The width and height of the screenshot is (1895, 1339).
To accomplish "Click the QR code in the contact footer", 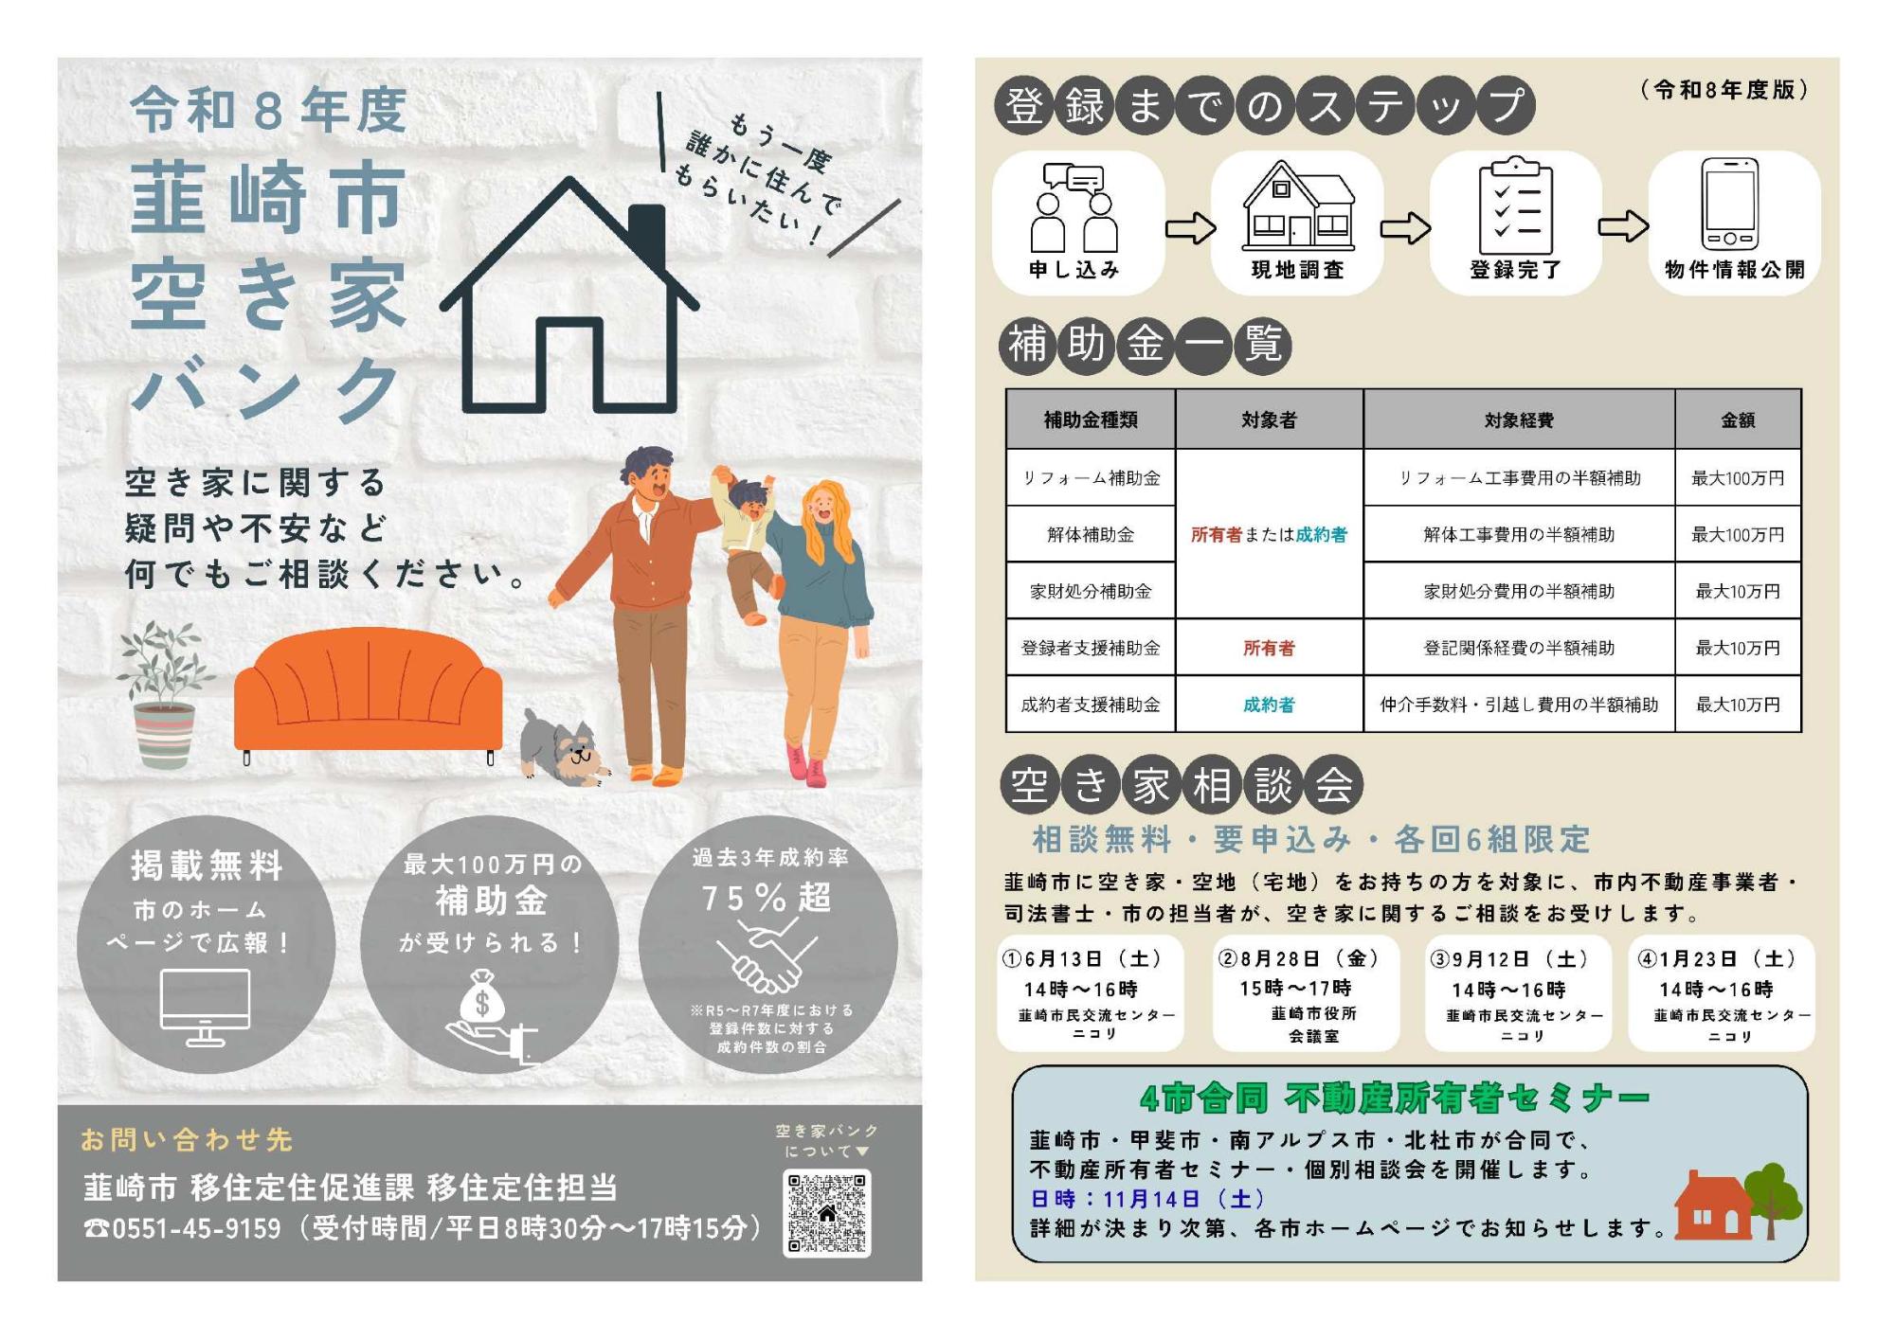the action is pos(826,1212).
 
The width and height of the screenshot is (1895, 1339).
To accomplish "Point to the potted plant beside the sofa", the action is pos(164,693).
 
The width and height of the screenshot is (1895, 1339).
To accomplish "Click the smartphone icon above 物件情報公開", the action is pos(1729,204).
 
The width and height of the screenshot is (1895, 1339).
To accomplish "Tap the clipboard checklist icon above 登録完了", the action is pos(1516,205).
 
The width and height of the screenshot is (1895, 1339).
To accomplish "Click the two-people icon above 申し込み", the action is pos(1074,207).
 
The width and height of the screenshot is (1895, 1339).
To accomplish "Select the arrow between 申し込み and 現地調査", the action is pos(1190,228).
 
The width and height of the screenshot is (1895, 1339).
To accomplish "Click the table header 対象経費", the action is pos(1519,420).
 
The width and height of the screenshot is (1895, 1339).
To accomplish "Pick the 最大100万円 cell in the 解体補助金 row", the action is pos(1738,534).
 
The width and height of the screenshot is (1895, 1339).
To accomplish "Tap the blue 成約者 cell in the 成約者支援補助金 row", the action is pos(1269,705).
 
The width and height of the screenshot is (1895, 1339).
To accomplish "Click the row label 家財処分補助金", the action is pos(1091,591).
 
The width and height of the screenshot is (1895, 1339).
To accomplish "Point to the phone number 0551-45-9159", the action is pos(196,1228).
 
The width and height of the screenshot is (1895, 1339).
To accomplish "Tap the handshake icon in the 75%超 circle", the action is pos(767,955).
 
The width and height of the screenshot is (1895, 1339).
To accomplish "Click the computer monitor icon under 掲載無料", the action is pos(206,1008).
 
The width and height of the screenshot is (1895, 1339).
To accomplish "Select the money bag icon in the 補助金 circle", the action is pos(482,1000).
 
